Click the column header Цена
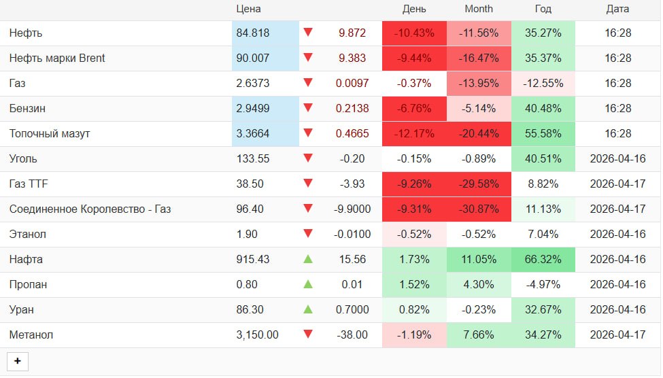tap(248, 9)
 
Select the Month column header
tap(479, 9)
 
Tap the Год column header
tap(543, 9)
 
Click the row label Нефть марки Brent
tap(57, 58)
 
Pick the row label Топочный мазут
tap(50, 133)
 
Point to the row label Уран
tap(22, 309)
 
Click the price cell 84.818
tap(252, 33)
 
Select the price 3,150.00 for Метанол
tap(257, 334)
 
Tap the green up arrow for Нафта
tap(308, 259)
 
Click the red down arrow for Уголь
tap(308, 158)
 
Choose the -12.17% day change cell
tap(414, 133)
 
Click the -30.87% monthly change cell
tap(479, 209)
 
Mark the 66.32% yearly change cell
tap(543, 259)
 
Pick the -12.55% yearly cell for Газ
tap(543, 83)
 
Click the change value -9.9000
tap(352, 209)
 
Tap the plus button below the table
tap(18, 361)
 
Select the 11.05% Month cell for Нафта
tap(479, 259)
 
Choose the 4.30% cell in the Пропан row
tap(479, 284)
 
